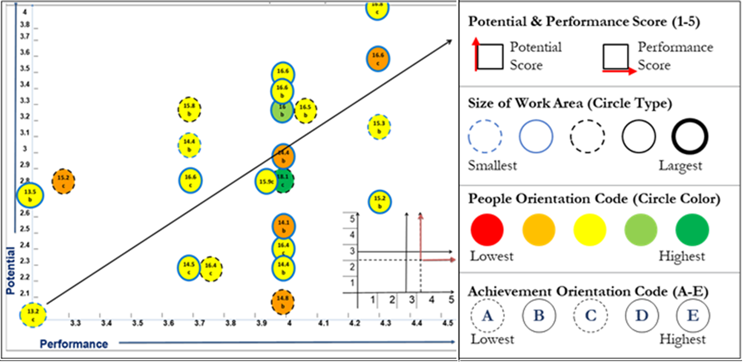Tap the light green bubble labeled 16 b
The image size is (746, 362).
(282, 110)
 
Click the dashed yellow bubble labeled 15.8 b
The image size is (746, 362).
(190, 109)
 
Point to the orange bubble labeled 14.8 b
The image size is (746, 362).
(282, 302)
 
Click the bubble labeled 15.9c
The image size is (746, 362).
(265, 182)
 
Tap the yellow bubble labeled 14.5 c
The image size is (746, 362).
(189, 267)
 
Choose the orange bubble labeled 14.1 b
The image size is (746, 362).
(283, 226)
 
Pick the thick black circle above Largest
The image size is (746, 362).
(690, 136)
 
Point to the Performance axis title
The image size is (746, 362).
(74, 344)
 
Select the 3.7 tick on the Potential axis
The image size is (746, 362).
(25, 37)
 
